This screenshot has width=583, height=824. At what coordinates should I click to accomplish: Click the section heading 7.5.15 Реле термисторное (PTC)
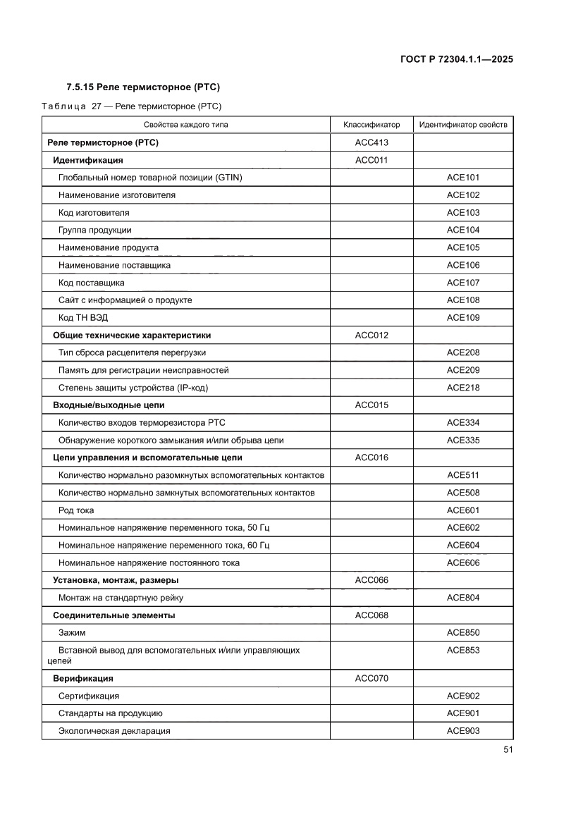(143, 87)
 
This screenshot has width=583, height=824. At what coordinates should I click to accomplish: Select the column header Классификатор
(372, 125)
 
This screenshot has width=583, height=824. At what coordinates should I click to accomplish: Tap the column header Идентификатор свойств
(462, 125)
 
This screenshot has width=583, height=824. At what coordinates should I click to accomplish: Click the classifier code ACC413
(372, 143)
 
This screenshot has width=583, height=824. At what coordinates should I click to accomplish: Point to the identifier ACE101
(462, 178)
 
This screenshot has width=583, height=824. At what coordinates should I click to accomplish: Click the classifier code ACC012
(372, 336)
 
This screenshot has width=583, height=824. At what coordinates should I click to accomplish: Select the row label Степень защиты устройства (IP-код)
(133, 388)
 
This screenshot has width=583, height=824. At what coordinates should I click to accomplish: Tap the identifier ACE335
(462, 441)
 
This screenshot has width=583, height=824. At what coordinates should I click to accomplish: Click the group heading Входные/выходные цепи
(109, 405)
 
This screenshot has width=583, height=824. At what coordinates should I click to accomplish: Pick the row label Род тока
(76, 510)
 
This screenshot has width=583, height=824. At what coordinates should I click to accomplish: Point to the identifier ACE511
(462, 475)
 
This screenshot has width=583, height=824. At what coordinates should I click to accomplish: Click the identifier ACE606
(462, 562)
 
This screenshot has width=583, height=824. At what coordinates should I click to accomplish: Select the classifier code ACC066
(372, 580)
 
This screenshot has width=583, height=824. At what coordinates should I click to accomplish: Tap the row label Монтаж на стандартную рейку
(121, 598)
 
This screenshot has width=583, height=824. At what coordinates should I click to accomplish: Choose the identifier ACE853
(462, 650)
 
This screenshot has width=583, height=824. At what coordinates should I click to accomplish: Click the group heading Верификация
(83, 679)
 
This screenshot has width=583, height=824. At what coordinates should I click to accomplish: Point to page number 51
(508, 749)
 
